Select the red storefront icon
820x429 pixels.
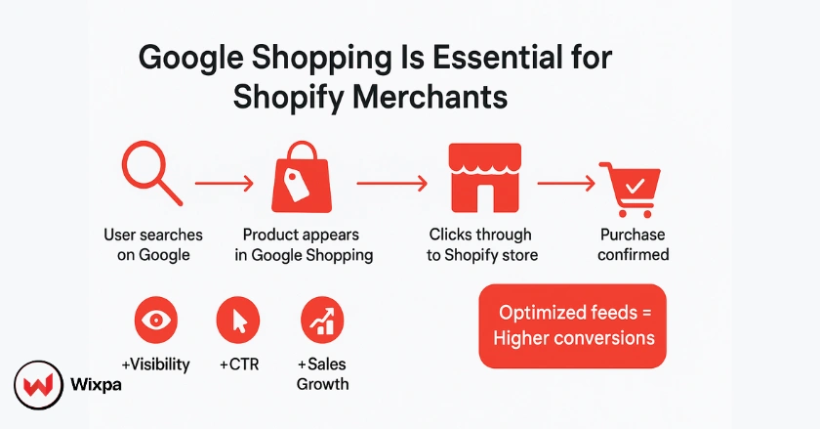coord(479,177)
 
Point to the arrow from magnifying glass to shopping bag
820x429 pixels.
coord(225,182)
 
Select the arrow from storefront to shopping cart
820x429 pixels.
coord(567,182)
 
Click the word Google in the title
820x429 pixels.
coord(190,59)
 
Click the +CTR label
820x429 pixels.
coord(238,365)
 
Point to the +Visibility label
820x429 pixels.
coord(155,365)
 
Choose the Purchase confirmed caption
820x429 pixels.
coord(633,244)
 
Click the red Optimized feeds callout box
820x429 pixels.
coord(572,326)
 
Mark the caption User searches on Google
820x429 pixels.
coord(153,244)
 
